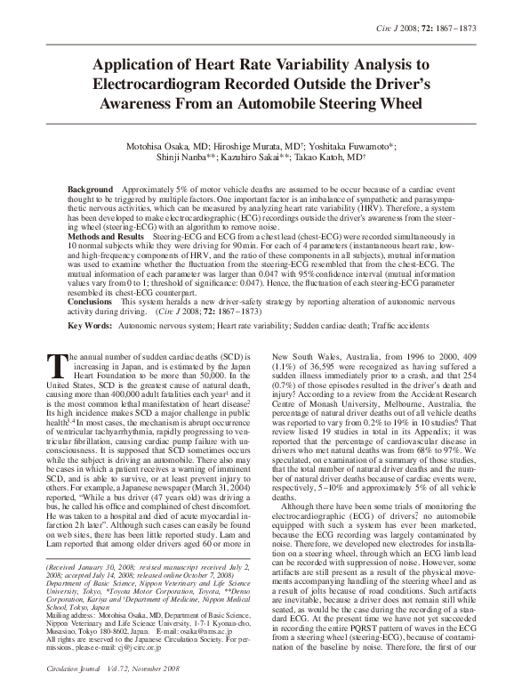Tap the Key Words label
point(93,327)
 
